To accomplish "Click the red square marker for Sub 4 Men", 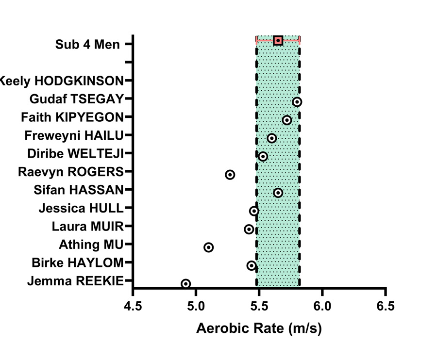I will pos(278,40).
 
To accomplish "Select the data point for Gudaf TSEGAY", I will pos(297,102).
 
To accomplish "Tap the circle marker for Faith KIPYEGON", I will pos(287,120).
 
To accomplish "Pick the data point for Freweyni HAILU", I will pos(272,138).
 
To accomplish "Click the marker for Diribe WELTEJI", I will pos(263,156).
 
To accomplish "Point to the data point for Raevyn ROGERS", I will pos(230,175).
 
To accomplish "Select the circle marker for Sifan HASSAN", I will pos(278,193).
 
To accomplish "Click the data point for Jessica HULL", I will pos(254,211).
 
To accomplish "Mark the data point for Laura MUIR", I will pos(249,229).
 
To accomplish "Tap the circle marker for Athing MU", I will pos(209,247).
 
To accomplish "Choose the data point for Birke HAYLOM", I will pos(252,265).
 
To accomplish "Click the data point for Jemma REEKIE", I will pos(186,284).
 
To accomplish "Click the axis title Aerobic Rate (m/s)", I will pos(259,328).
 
